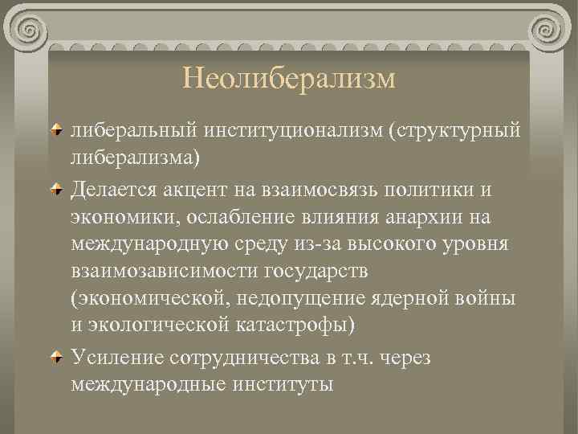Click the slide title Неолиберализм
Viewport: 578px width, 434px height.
click(x=289, y=79)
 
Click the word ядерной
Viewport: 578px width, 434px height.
click(x=423, y=300)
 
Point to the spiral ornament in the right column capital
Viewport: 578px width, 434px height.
click(x=548, y=31)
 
